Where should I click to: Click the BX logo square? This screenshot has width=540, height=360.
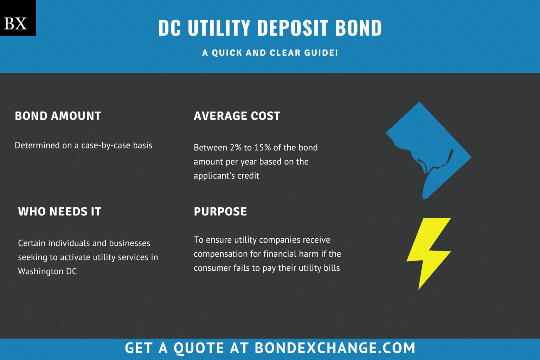coord(18,18)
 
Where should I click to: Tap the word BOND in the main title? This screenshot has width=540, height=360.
coord(358,28)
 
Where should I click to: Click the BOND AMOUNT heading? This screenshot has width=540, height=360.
coord(58,116)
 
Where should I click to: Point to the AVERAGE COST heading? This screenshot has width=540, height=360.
coord(237,116)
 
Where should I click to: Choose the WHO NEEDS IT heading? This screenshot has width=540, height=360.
coord(60,212)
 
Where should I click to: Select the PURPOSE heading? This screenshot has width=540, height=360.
coord(220,212)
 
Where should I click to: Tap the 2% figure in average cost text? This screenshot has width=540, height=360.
coord(236,148)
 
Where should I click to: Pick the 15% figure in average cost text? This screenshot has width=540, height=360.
coord(262,148)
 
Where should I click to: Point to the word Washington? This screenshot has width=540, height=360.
coord(41,271)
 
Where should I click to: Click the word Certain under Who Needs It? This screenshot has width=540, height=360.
coord(32,243)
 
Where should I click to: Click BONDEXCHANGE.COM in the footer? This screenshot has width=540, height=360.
coord(335,348)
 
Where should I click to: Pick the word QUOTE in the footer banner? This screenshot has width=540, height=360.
coord(199,348)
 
